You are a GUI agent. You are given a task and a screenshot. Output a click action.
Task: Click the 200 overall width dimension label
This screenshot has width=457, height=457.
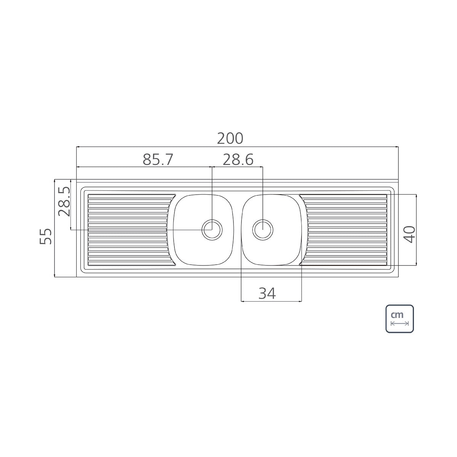230,139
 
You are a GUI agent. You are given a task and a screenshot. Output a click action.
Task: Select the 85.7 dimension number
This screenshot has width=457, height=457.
158,160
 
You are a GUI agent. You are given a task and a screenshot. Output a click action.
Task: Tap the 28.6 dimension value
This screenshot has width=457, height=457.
238,160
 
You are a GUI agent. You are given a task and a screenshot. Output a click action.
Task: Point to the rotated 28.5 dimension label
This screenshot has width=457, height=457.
64,201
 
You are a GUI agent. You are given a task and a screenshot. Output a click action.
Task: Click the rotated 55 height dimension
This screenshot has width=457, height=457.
45,236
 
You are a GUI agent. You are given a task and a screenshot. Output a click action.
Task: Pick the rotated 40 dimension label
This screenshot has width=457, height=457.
409,235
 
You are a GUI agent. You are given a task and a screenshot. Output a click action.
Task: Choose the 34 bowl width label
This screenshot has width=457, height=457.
267,293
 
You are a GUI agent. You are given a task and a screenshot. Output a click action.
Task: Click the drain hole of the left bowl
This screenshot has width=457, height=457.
212,230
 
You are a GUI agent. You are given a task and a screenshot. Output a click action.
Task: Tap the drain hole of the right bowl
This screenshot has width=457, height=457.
263,230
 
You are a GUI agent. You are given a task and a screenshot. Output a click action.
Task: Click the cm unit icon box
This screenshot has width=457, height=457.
399,318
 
